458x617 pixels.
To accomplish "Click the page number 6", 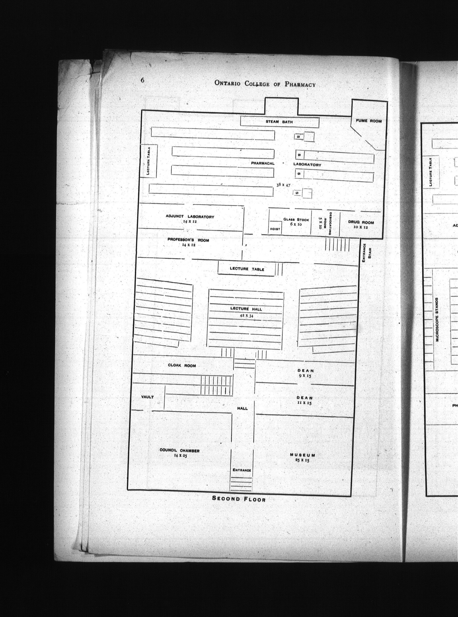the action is [142, 80].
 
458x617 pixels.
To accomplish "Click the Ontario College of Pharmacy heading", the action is [265, 84].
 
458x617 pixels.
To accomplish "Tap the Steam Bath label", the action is [279, 122].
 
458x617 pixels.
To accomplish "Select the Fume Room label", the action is [369, 121].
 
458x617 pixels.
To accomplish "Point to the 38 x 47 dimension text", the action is [283, 185].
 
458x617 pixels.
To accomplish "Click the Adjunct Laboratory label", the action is [190, 216].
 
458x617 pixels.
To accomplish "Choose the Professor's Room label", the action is [188, 240].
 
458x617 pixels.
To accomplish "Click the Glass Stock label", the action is [296, 220].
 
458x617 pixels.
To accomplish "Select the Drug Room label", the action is [361, 222].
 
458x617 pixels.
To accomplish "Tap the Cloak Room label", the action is [182, 366].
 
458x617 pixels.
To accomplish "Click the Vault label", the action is [148, 397].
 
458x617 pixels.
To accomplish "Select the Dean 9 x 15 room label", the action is [306, 373].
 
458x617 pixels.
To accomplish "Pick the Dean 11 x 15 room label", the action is [305, 400].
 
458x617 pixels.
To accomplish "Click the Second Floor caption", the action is [239, 499].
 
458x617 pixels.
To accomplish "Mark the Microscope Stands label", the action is [437, 320].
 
